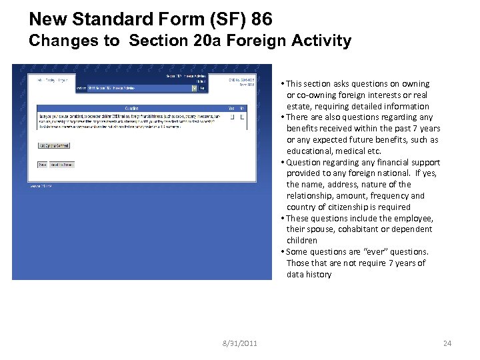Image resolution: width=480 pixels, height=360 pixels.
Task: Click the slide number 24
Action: click(x=447, y=343)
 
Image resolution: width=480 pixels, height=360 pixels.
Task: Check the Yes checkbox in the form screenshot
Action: click(x=232, y=117)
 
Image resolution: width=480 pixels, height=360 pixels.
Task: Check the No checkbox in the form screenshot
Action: click(x=242, y=117)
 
